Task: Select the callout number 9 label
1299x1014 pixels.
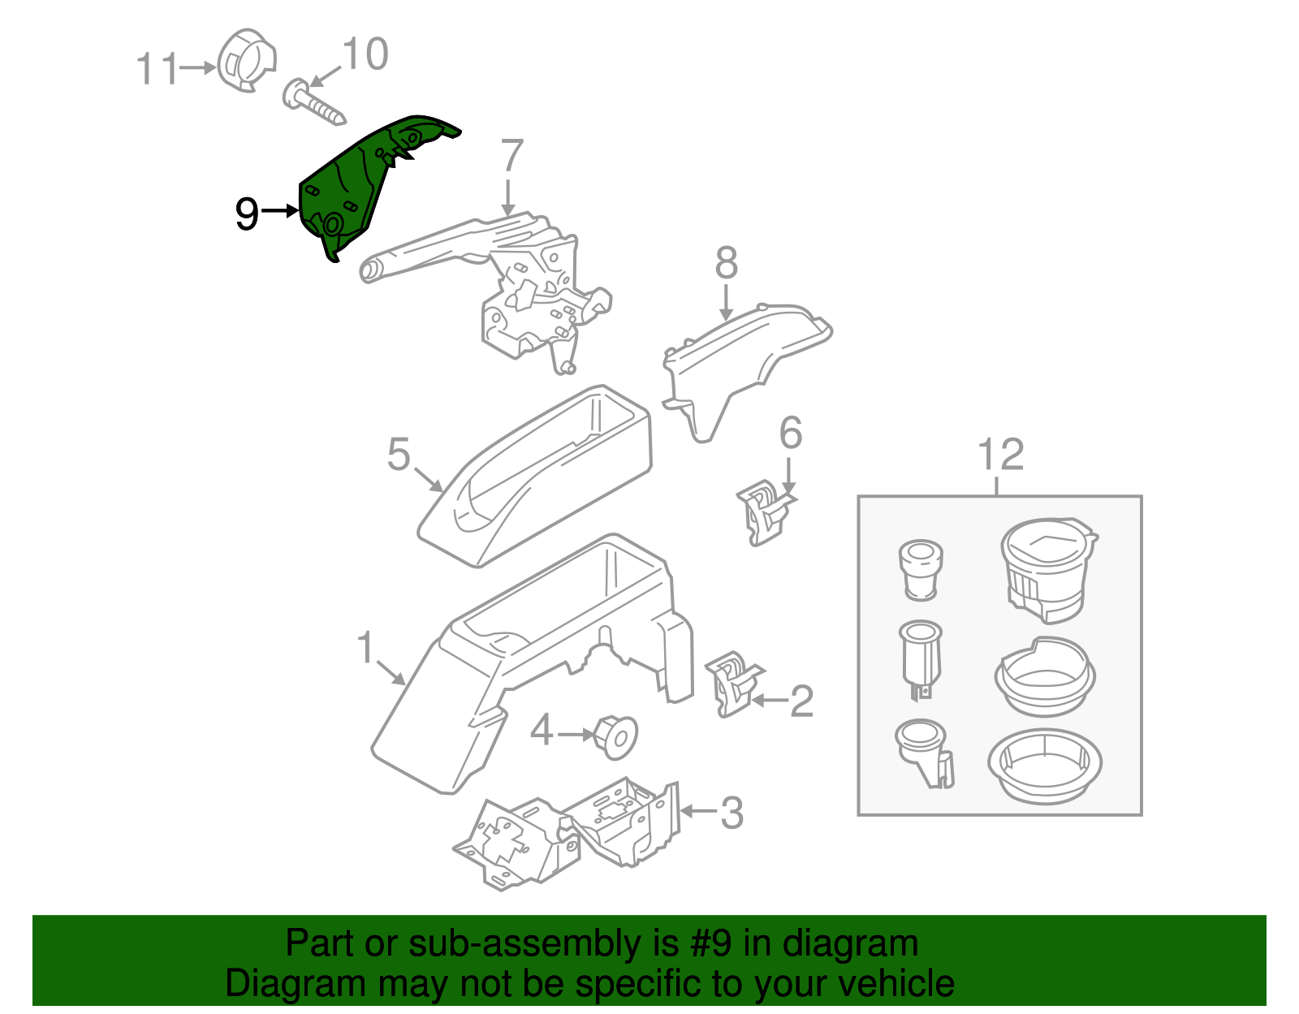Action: (x=247, y=214)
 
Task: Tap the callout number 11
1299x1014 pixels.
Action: (x=156, y=69)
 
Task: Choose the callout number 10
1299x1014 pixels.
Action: (x=365, y=54)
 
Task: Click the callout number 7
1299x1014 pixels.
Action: (x=511, y=156)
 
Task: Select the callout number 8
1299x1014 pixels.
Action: (x=727, y=263)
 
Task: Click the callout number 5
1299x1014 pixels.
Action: (x=399, y=454)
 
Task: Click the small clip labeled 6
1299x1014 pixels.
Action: (x=764, y=511)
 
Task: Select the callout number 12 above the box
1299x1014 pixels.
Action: (x=1000, y=455)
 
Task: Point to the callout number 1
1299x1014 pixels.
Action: (x=366, y=648)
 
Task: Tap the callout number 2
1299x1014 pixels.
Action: (x=801, y=701)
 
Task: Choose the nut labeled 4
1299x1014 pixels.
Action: (x=615, y=736)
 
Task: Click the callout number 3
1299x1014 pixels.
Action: (x=731, y=813)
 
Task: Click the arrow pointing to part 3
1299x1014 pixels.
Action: (x=698, y=810)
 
